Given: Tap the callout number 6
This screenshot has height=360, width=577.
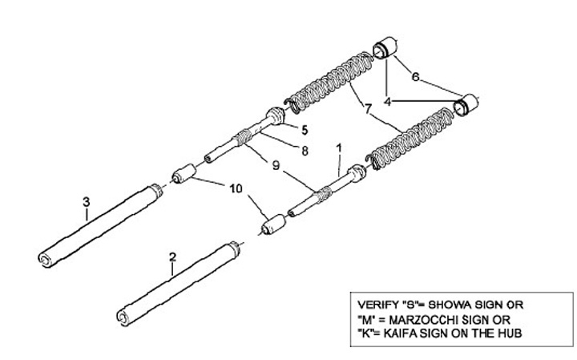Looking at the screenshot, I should (415, 77).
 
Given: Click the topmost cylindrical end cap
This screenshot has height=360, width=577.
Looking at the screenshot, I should (385, 47).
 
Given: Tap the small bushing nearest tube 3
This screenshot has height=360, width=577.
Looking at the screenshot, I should (185, 173).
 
